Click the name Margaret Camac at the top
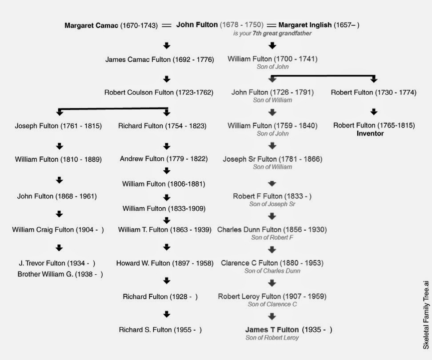[x=91, y=25]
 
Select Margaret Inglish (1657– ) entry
[x=319, y=25]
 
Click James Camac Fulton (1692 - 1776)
[x=160, y=59]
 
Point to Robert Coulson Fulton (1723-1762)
[x=159, y=92]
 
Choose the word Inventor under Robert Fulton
[x=370, y=133]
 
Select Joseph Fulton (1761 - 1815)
[x=58, y=126]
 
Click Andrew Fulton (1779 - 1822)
[x=164, y=159]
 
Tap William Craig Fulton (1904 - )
[x=58, y=230]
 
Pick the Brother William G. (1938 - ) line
[x=60, y=274]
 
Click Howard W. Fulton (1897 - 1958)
[x=164, y=263]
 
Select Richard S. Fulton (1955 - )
[x=160, y=330]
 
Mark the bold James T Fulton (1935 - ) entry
[x=288, y=330]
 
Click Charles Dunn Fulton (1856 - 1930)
[x=272, y=230]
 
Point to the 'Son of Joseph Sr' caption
[x=272, y=204]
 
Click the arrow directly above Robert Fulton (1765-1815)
[x=374, y=112]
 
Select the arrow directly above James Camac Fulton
[x=167, y=45]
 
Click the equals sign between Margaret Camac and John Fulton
[x=167, y=25]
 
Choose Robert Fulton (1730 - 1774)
[x=373, y=92]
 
